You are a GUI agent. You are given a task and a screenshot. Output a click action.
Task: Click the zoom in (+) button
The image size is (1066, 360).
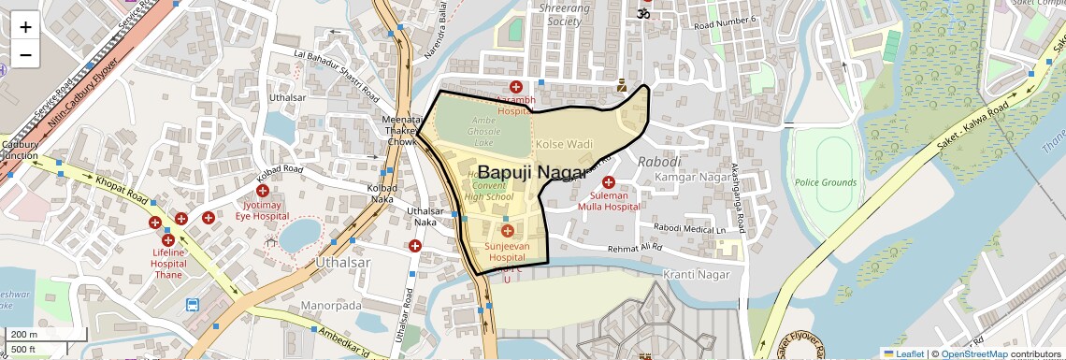(x=25, y=26)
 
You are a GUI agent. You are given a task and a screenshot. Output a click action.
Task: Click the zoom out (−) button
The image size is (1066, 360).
(x=25, y=54)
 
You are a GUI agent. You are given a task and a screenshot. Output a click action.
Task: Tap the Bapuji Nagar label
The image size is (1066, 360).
(x=533, y=172)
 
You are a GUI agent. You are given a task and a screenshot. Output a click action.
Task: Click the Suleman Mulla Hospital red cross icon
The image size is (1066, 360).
(x=609, y=182)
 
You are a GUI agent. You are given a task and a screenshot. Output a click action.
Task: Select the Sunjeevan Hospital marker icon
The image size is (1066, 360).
(x=507, y=231)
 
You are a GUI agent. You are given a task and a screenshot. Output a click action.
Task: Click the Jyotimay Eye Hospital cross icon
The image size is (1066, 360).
(x=264, y=191)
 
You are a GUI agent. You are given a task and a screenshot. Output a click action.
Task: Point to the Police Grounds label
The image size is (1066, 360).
(x=826, y=181)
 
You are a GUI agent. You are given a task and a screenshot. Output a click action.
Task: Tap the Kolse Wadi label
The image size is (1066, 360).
(x=564, y=144)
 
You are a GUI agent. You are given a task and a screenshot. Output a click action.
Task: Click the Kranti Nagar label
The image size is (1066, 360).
(x=696, y=274)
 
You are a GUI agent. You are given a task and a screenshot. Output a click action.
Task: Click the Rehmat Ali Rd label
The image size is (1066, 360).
(x=635, y=249)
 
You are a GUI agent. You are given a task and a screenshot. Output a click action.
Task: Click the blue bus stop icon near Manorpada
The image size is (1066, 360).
(x=193, y=305)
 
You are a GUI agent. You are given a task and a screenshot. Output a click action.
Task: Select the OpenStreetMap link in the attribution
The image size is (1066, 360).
(x=974, y=353)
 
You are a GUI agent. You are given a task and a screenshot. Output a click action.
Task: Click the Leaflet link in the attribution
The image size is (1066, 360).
(x=904, y=353)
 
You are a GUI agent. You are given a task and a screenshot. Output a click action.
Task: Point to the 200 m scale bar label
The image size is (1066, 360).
(x=23, y=335)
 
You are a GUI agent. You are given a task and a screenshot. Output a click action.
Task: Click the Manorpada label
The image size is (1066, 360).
(x=331, y=306)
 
